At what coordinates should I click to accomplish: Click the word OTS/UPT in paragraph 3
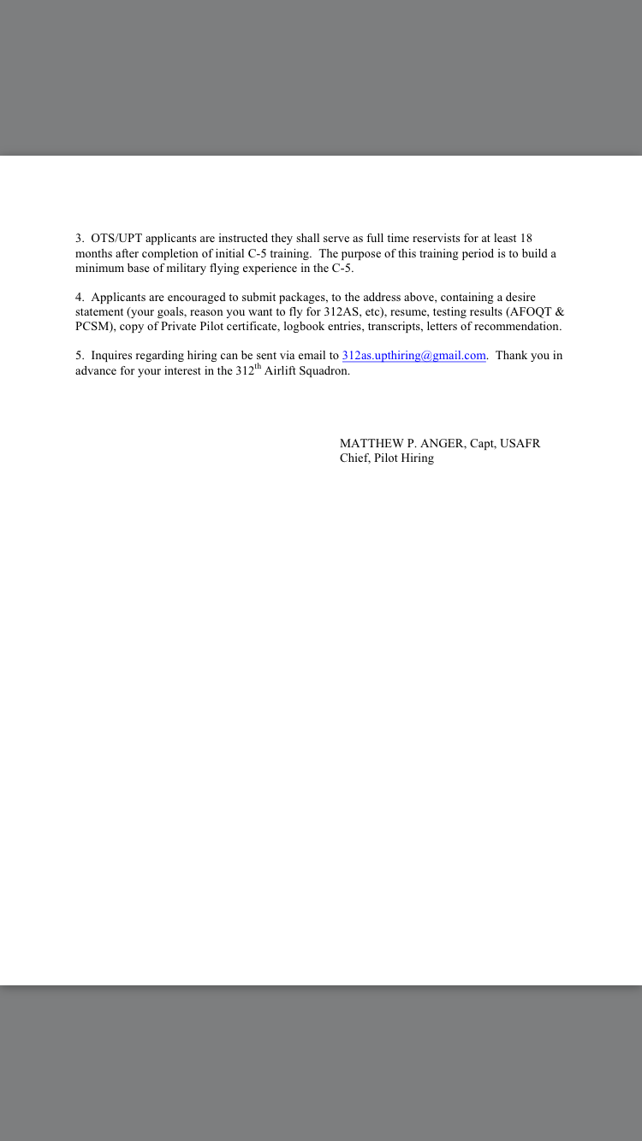click(116, 239)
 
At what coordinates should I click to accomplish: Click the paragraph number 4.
click(79, 298)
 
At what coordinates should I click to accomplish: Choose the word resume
click(409, 312)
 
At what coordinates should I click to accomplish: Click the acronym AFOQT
click(531, 312)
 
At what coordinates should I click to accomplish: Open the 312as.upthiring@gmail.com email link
click(414, 356)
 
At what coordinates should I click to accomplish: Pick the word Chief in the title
click(354, 458)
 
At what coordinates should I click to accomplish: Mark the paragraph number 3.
click(79, 239)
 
